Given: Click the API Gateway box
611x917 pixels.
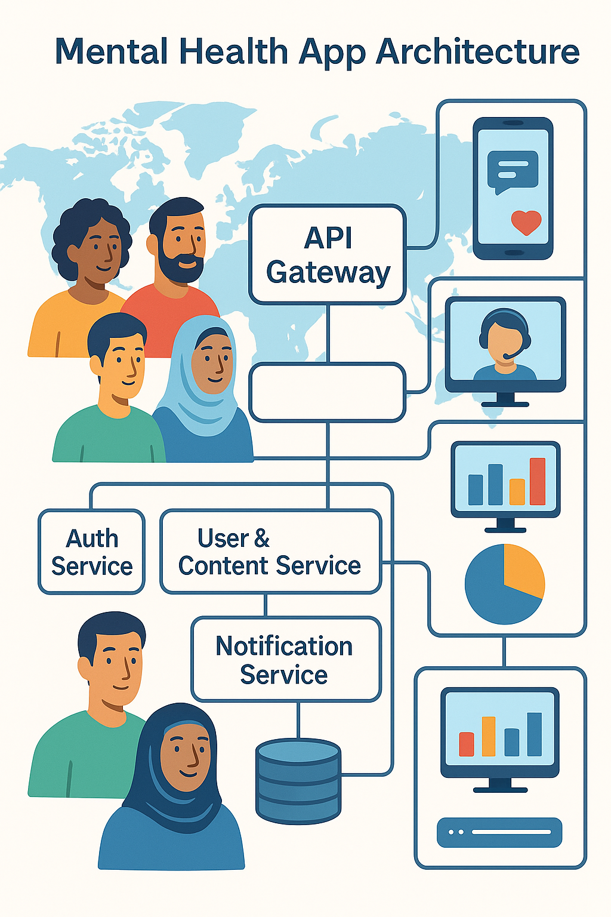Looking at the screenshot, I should (328, 255).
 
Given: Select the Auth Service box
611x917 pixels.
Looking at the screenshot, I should (92, 552).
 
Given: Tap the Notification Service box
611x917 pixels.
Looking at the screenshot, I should (286, 659).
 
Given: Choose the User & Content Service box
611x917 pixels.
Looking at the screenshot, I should (270, 552).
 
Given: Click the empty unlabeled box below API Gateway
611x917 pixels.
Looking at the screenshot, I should (328, 392).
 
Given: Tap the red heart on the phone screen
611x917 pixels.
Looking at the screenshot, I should (526, 223).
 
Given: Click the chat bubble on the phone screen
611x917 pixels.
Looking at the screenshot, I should (512, 170).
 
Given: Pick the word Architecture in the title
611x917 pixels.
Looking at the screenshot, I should (477, 52).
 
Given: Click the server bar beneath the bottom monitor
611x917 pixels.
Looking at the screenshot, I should (499, 832).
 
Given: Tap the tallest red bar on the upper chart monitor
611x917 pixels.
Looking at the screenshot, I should (537, 481).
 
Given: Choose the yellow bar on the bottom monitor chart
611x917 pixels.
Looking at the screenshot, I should (489, 736).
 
